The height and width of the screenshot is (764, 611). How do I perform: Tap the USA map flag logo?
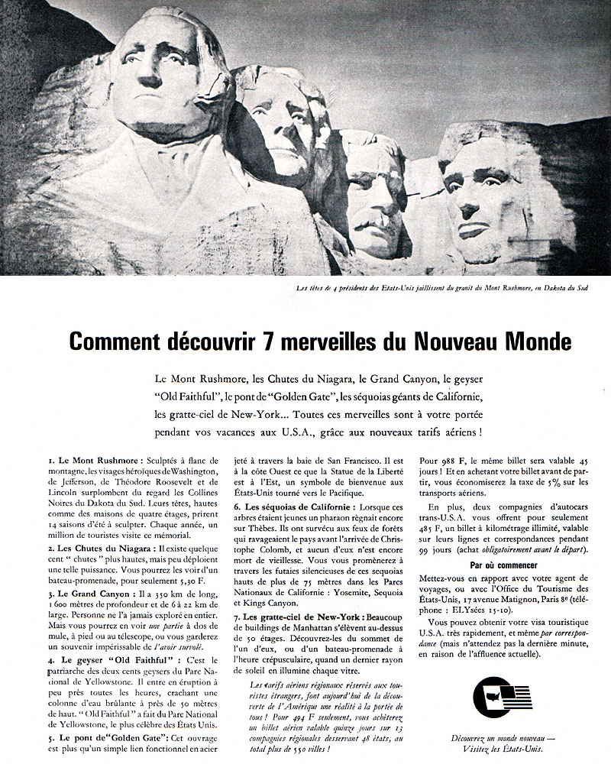click(x=501, y=699)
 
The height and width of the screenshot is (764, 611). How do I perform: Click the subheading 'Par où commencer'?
click(x=502, y=567)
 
